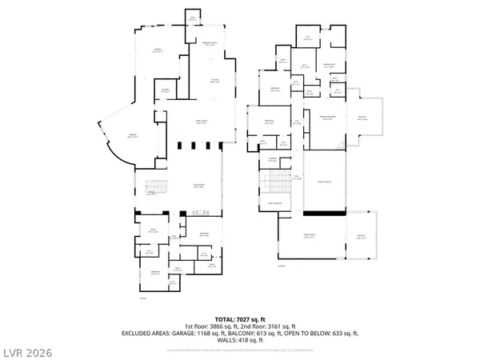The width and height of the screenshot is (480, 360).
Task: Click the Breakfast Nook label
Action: [x=211, y=44]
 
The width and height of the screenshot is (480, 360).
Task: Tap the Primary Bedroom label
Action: [x=328, y=117]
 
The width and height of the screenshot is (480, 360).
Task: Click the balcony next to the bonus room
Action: [x=362, y=236]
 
